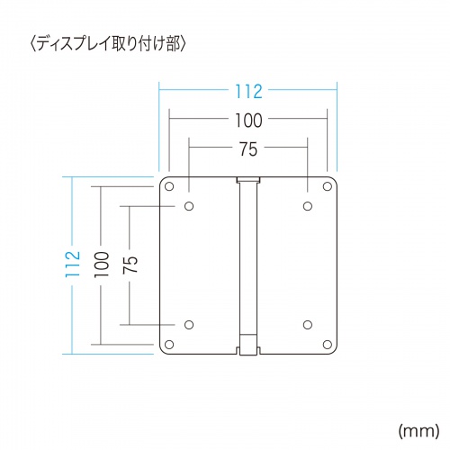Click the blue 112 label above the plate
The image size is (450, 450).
click(247, 90)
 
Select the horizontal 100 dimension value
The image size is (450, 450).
click(247, 119)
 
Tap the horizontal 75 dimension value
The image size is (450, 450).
click(247, 148)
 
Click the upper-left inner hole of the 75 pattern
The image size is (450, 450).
click(189, 207)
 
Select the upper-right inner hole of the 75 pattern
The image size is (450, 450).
click(307, 207)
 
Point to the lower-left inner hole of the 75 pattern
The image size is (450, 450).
click(189, 324)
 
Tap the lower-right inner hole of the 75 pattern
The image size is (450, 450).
click(307, 324)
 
